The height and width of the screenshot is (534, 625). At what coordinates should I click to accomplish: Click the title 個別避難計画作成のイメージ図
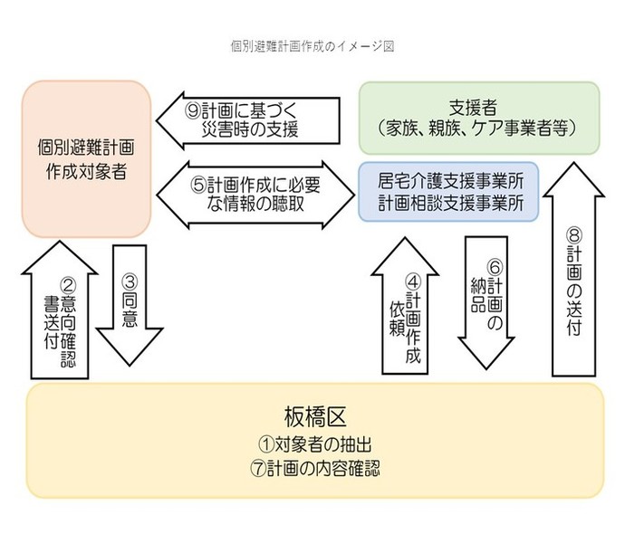pos(312,43)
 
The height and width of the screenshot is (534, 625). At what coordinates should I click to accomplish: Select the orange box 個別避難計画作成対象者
pos(85,158)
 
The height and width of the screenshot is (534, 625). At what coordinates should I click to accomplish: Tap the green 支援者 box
pos(478,118)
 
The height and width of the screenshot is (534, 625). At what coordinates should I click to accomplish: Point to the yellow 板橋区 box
pos(312,440)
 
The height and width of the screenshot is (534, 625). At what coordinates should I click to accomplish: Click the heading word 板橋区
pos(313,418)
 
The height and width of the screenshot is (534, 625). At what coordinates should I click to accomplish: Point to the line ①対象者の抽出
pos(312,445)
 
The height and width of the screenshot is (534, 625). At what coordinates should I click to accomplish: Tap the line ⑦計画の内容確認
pos(312,469)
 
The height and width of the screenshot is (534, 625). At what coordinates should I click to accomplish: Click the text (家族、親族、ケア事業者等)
pos(478,129)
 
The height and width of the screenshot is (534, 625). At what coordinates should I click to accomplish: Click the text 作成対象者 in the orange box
pos(85,170)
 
